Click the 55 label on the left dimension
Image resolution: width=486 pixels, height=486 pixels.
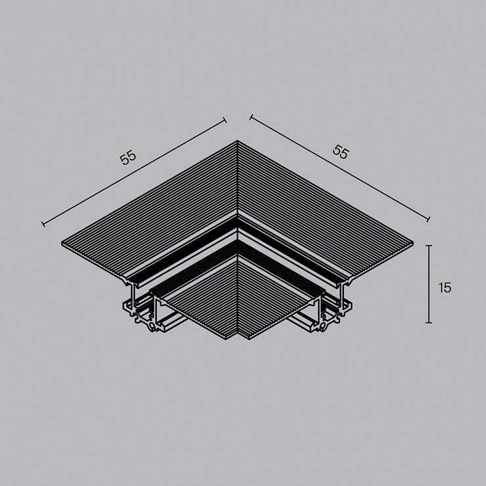tap(128, 157)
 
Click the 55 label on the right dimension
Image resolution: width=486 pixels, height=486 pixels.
tap(341, 152)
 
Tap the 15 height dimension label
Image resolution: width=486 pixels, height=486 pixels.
tap(445, 288)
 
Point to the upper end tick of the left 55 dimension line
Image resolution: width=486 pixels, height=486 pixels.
tap(225, 120)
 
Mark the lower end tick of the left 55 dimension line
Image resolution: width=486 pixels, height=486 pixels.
tap(43, 224)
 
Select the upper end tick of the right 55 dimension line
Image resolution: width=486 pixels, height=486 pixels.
tap(251, 117)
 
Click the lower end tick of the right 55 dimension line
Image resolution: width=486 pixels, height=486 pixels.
tap(428, 219)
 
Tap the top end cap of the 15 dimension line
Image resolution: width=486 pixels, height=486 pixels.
tap(429, 246)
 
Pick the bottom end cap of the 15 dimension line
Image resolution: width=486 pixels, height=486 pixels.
tap(429, 322)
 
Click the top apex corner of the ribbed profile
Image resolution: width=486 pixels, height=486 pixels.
tap(238, 141)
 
